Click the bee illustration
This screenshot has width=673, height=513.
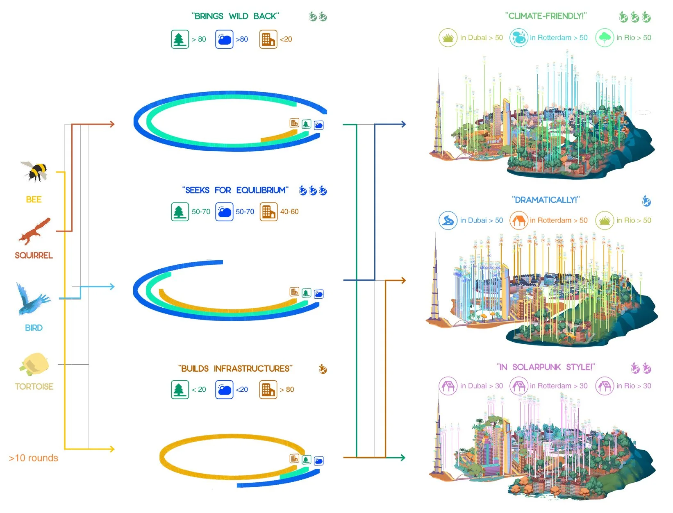click(x=35, y=171)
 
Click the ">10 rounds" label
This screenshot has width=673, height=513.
click(x=34, y=458)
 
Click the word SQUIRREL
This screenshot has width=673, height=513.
click(x=34, y=255)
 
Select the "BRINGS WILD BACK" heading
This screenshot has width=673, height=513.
click(x=235, y=16)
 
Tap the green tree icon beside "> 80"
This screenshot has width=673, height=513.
click(x=180, y=39)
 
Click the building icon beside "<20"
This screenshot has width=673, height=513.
click(x=268, y=39)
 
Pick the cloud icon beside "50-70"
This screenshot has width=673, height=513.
click(x=224, y=212)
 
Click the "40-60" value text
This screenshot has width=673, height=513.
click(x=289, y=212)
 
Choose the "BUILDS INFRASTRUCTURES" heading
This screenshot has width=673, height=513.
click(x=235, y=369)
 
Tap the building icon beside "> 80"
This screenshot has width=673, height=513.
click(x=268, y=390)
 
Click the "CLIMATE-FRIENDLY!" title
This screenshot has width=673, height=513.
click(x=546, y=16)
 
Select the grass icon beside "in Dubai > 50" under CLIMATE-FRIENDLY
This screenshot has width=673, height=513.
click(x=448, y=38)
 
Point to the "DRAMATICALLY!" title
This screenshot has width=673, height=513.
click(x=546, y=200)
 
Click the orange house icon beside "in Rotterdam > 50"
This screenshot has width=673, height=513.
click(x=518, y=220)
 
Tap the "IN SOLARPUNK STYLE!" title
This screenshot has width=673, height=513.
click(x=546, y=367)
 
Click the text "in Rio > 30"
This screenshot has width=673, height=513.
click(x=634, y=386)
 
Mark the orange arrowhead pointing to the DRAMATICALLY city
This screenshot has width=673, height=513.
click(x=403, y=280)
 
